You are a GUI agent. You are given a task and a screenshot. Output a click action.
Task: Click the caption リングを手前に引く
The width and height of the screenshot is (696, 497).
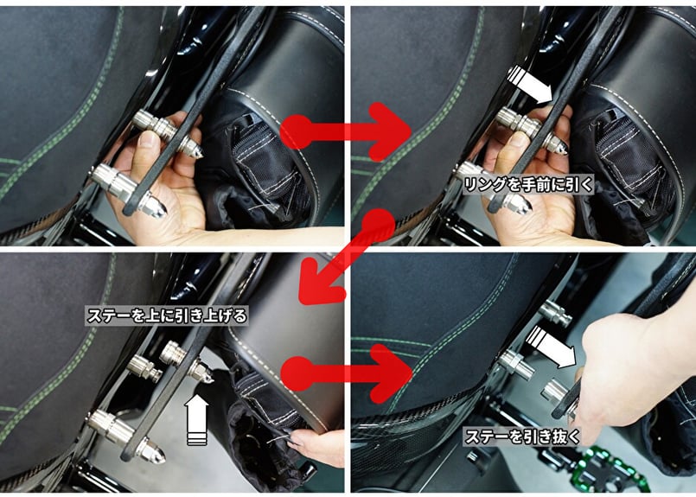click(527, 185)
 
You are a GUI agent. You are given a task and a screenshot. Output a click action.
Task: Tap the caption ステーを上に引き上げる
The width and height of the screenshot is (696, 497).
click(167, 316)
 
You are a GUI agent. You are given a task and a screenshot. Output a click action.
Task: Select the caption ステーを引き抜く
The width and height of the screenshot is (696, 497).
click(522, 436)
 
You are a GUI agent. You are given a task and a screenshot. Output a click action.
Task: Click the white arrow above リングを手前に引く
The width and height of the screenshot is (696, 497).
click(529, 85)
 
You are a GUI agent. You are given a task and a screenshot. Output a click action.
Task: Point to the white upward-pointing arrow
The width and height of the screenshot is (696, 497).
click(196, 420)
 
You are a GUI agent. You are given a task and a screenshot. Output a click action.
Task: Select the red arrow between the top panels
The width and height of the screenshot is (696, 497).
click(347, 131)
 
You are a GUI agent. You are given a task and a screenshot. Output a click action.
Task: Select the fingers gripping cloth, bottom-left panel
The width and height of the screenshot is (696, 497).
click(313, 443)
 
